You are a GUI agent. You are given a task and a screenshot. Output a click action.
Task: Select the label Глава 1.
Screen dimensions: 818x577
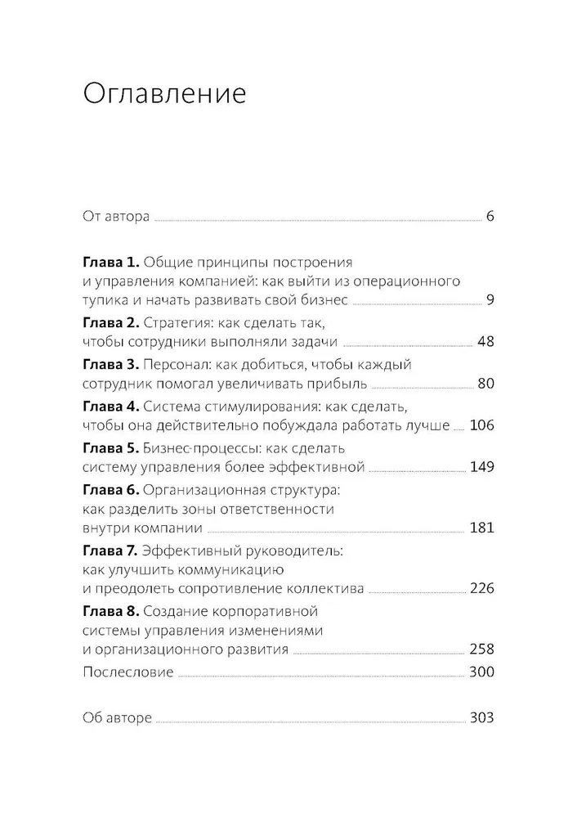coord(111,263)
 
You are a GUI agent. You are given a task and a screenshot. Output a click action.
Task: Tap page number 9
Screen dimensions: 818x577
coord(489,300)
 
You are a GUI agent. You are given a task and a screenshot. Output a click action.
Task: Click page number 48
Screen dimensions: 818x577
coord(485,342)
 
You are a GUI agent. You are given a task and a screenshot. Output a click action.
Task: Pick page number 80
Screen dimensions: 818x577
coord(485,383)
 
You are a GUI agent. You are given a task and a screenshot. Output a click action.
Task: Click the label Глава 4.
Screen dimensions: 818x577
coord(111,406)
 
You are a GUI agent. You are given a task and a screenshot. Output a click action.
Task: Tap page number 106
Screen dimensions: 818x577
coord(481,425)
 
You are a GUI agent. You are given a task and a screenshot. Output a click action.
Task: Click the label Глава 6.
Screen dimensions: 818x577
coord(111,489)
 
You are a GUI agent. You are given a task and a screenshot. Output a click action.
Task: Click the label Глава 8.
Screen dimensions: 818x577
coord(111,612)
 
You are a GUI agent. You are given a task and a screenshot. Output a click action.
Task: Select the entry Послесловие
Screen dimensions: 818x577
coord(128,672)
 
